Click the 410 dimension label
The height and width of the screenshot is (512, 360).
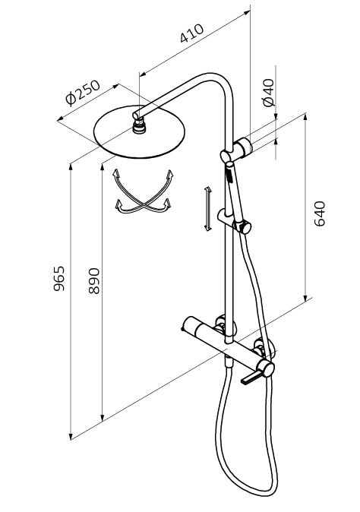192,33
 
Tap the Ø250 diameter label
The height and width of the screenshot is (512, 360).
83,93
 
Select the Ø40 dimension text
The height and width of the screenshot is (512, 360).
269,93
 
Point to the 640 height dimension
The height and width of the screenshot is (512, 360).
320,214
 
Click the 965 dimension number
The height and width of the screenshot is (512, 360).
59,279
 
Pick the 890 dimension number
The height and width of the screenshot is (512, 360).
94,281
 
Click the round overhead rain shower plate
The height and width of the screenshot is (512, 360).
139,132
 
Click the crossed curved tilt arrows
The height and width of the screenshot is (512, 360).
143,193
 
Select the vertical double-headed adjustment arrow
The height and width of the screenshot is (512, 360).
207,209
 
